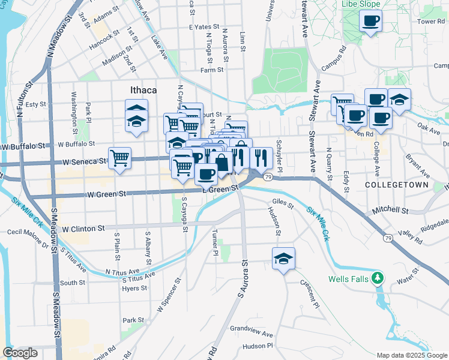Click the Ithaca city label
143,90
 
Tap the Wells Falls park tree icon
377,278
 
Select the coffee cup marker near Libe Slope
370,22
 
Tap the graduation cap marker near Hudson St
283,259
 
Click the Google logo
20,353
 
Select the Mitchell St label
390,211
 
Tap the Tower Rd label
430,21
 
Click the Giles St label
283,203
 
